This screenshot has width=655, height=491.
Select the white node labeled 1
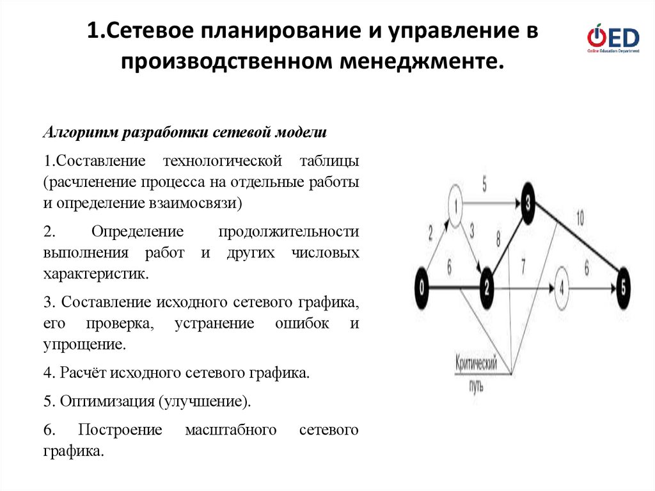tap(455, 206)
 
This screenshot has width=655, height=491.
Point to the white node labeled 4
tap(561, 287)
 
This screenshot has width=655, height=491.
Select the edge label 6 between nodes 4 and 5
tap(587, 270)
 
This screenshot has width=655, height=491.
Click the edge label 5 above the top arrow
tap(484, 184)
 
